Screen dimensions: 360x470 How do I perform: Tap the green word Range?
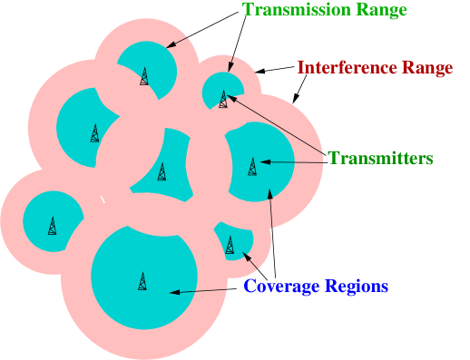[x=378, y=10]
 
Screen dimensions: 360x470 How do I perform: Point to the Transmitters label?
[x=380, y=159]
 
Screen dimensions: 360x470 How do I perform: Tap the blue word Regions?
[x=358, y=287]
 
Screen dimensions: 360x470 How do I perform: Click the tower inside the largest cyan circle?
[x=142, y=281]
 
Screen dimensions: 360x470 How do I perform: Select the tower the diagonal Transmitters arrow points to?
[x=223, y=98]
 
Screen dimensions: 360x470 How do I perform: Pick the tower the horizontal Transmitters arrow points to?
[x=252, y=167]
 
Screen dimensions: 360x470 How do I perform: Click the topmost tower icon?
[x=144, y=76]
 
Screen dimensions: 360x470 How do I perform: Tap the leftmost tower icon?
[x=52, y=227]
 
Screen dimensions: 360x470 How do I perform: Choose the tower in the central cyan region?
[x=162, y=170]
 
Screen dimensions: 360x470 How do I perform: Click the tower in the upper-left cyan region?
[x=94, y=133]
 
